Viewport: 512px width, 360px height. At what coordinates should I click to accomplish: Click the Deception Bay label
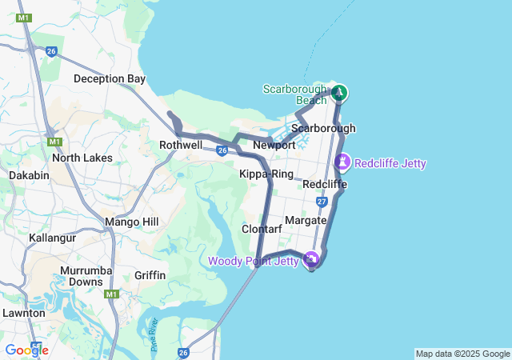[x=110, y=78]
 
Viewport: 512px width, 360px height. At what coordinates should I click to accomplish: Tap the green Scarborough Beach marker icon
[x=339, y=93]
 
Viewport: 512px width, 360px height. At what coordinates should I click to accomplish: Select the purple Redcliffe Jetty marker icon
[x=342, y=162]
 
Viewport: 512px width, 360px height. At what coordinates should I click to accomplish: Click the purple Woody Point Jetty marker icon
[x=311, y=260]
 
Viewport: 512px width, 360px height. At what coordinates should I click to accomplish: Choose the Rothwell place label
[x=181, y=146]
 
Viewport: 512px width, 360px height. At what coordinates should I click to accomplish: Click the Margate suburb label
[x=306, y=220]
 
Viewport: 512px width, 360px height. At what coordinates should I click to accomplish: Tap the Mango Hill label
[x=132, y=222]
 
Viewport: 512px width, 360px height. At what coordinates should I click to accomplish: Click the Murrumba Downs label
[x=85, y=276]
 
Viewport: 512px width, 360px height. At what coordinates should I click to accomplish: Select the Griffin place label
[x=150, y=275]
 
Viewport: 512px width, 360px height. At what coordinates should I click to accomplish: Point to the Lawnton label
[x=23, y=313]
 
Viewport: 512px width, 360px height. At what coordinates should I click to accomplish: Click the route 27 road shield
[x=322, y=202]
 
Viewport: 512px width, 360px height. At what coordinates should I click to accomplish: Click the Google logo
[x=26, y=350]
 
